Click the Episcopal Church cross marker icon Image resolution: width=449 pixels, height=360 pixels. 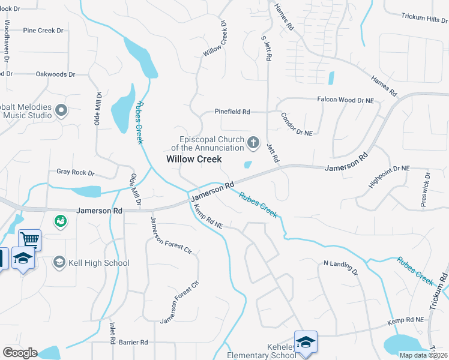click(x=253, y=143)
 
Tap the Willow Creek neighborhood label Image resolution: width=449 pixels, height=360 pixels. click(x=194, y=159)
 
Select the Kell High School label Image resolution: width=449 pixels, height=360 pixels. click(x=100, y=263)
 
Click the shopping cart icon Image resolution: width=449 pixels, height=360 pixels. click(x=29, y=240)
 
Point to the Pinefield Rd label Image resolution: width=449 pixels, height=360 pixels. click(x=232, y=112)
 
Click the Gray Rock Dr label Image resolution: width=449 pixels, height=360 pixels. click(x=76, y=173)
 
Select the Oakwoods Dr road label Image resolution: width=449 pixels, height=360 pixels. click(x=55, y=74)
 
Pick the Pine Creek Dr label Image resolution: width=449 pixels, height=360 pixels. click(x=43, y=30)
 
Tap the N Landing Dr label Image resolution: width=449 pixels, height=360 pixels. click(x=340, y=268)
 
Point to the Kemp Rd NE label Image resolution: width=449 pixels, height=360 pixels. click(x=208, y=217)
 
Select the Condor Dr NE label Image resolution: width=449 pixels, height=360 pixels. click(x=297, y=123)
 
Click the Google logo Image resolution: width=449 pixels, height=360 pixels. click(x=20, y=353)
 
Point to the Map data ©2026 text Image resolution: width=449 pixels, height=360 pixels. click(x=423, y=355)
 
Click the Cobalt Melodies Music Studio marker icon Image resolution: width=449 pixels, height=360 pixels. click(x=61, y=110)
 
